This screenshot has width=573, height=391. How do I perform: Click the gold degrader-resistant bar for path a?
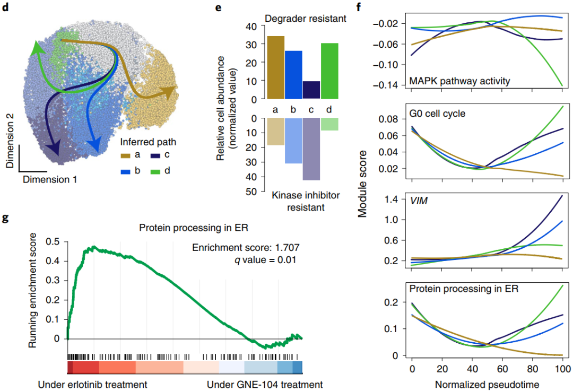[276, 67]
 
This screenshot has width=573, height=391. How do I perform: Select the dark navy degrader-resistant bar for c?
[311, 90]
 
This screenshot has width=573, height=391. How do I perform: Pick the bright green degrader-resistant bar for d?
[329, 71]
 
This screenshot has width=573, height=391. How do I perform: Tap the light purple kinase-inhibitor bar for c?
[311, 149]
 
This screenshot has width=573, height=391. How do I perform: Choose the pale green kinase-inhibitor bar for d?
[329, 124]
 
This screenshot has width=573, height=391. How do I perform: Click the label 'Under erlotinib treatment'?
[92, 384]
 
